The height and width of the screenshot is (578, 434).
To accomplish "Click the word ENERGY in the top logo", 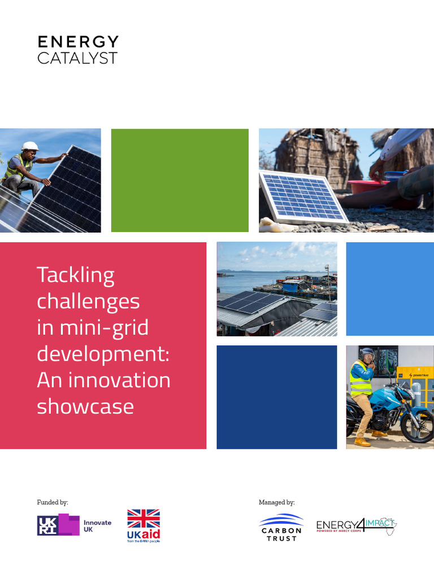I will [78, 42].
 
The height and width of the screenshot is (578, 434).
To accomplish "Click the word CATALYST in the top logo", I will [77, 58].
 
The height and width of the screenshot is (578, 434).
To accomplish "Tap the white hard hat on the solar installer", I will [30, 146].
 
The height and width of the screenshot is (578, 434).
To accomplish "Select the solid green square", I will [180, 180].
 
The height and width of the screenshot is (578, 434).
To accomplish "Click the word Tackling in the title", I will [76, 275].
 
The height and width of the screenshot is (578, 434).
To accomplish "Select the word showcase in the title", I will [85, 406].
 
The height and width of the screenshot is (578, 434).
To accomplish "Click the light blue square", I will [389, 289].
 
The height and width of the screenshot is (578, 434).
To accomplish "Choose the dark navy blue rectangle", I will [276, 397].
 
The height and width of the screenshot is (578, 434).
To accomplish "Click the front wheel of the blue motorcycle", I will [419, 426].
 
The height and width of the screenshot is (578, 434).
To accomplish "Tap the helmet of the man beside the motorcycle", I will [367, 356].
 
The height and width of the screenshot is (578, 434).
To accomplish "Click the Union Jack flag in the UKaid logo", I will [143, 519].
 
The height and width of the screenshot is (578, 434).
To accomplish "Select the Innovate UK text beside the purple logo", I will [97, 526].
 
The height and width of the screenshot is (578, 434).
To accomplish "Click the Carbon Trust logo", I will [281, 527].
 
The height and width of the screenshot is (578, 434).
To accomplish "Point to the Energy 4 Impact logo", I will [356, 526].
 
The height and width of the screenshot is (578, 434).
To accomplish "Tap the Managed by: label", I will [276, 502].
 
